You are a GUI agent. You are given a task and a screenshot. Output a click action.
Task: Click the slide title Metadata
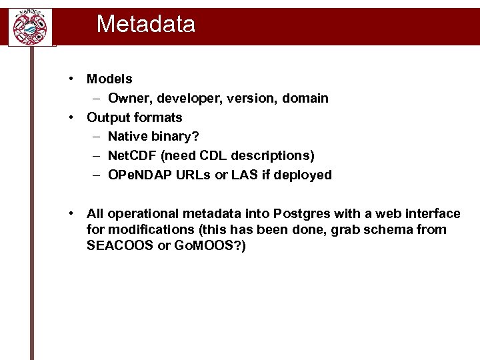point(145,25)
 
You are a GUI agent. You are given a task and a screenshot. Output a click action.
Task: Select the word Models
point(109,79)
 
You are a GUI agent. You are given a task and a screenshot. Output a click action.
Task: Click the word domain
point(304,99)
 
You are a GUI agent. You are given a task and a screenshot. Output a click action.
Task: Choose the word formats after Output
point(158,117)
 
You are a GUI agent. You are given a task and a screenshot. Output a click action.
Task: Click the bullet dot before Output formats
point(71,117)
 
